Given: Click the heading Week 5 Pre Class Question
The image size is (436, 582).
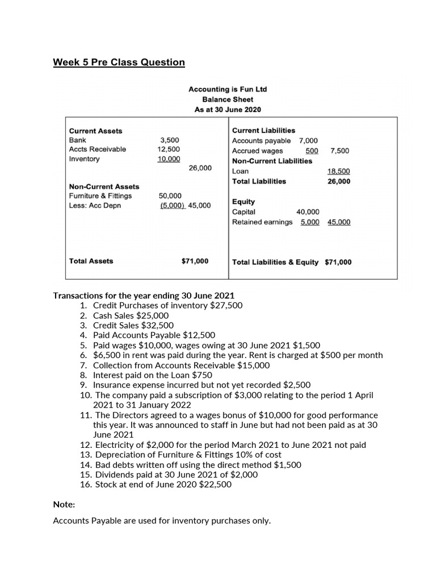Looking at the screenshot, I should coord(119,62).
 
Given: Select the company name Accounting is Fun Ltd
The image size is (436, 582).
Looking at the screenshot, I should coord(227,89).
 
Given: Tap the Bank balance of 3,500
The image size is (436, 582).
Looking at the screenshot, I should coord(170,140).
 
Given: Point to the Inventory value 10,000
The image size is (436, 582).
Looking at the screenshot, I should coord(169,159).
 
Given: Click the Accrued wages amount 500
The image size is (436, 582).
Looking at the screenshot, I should coord(312,151).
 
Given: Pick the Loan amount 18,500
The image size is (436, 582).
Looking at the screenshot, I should coord(338,171).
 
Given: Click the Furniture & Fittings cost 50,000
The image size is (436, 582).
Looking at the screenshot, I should coord(170,196).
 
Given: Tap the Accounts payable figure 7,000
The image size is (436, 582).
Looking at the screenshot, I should coord(308,140).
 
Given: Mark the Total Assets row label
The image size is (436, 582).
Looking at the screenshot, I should coord(91,261).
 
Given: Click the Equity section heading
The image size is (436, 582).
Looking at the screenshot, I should coord(244,202).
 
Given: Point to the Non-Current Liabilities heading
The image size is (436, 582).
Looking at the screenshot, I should coord(272,161).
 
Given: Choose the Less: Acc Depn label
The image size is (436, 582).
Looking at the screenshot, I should coord(95,205).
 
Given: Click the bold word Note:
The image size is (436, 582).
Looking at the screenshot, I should coord(64,504).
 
